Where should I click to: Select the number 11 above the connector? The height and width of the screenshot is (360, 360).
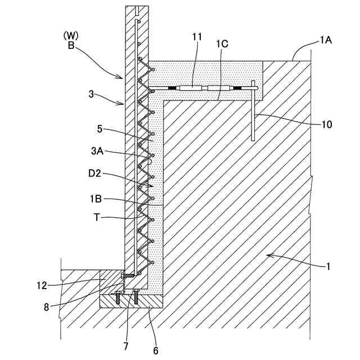point(196,37)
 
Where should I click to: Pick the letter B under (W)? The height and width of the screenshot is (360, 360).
point(71,46)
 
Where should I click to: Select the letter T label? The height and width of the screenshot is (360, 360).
point(97,217)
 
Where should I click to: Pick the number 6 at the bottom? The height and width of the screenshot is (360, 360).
point(156,350)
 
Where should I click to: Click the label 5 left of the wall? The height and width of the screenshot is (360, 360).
point(99,129)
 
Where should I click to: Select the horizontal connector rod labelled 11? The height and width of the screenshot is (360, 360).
point(200,88)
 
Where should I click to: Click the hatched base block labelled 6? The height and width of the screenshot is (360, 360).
point(132,301)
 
